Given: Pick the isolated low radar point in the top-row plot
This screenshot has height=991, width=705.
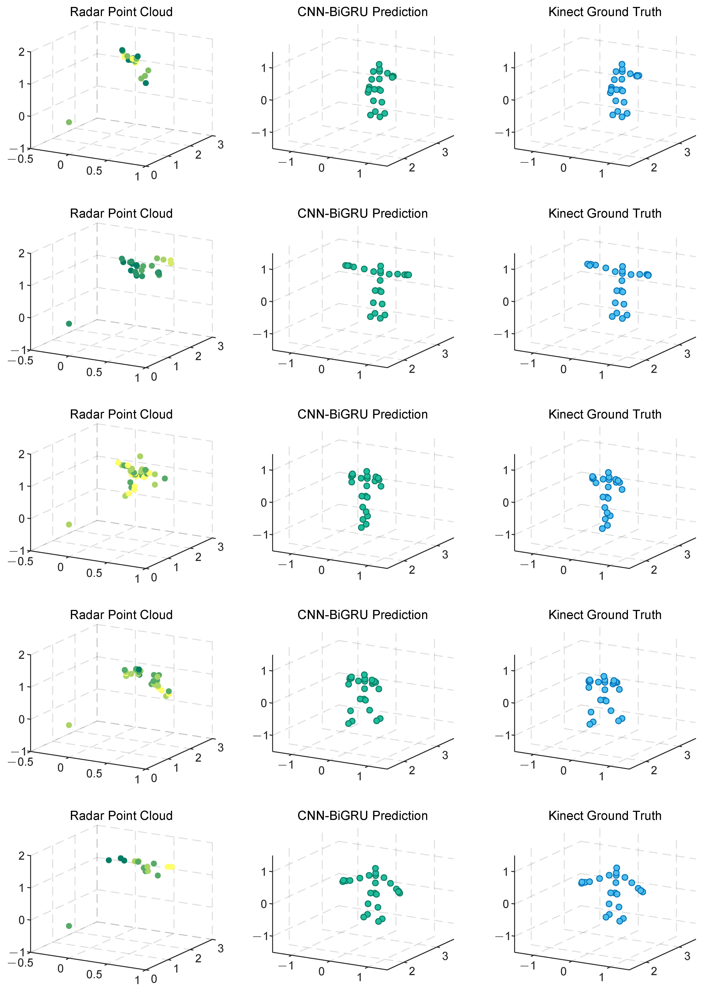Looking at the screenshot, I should coord(69,122).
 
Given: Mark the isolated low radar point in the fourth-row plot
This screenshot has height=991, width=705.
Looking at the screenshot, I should coord(69,725).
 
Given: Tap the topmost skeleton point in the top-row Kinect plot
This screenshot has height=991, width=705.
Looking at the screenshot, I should coord(622,64).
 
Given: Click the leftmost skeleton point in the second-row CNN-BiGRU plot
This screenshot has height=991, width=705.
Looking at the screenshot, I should coord(345,265).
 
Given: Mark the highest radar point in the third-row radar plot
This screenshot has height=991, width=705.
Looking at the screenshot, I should coord(140,456).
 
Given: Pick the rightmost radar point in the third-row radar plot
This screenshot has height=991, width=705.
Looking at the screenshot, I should coord(165,478).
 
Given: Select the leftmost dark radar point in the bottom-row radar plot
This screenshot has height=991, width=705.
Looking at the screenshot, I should coord(108,860).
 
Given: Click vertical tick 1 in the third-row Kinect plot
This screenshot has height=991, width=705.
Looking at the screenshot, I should coord(506,470).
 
